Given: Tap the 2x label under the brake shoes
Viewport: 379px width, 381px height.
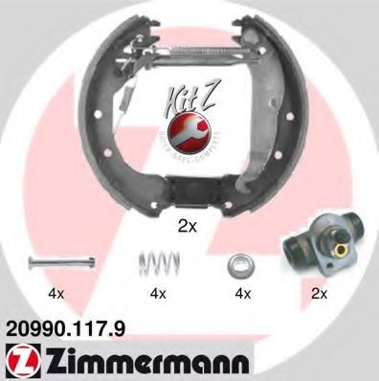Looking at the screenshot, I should coord(188,226).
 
